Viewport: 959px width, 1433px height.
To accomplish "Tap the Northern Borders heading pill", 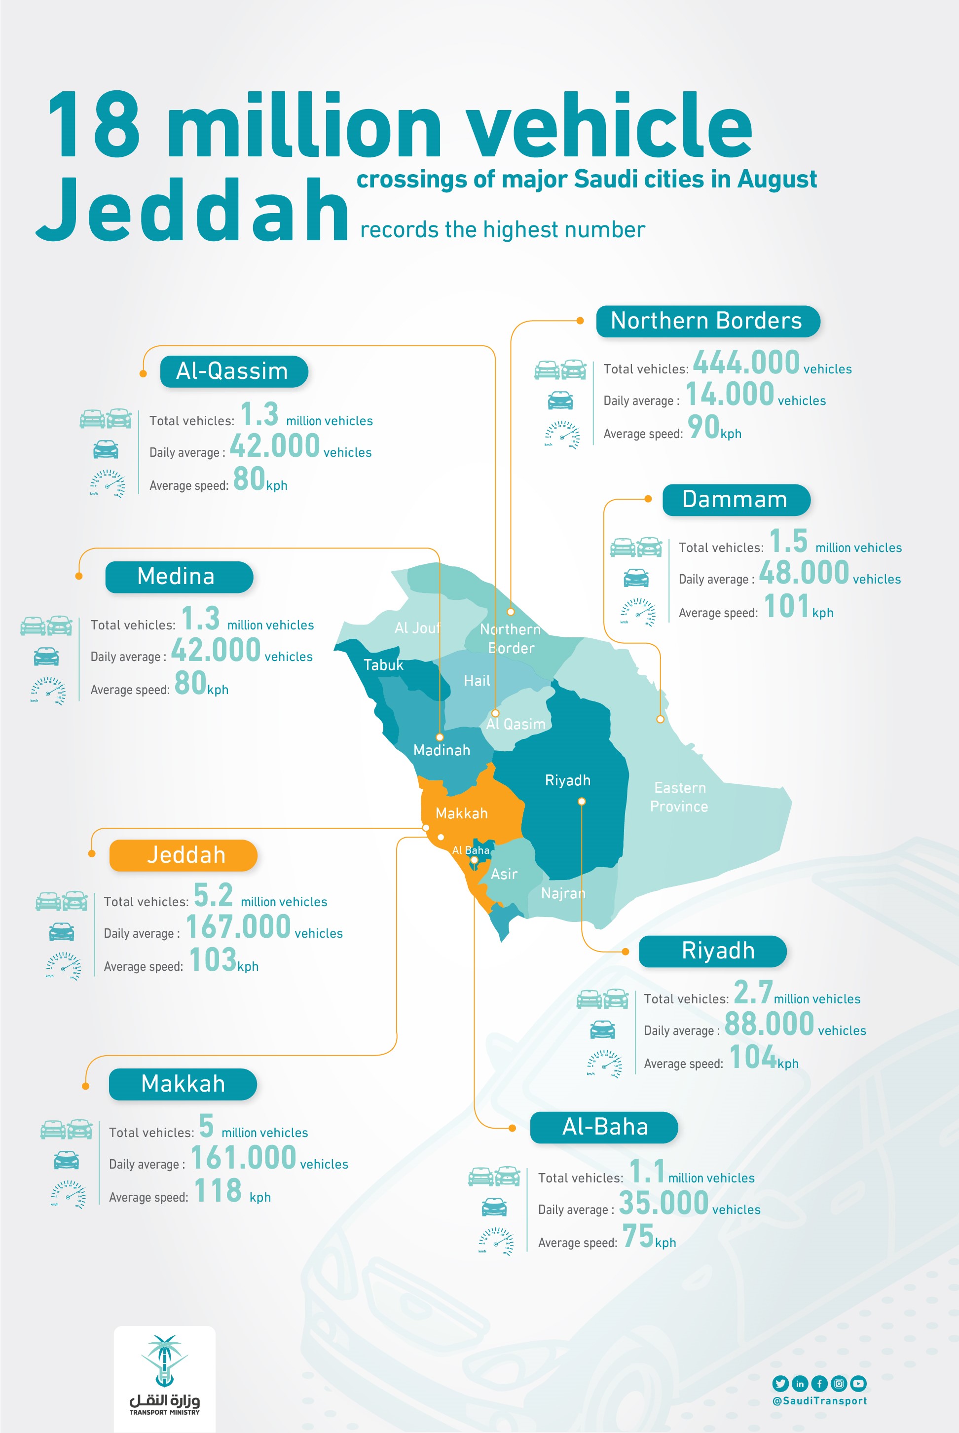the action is click(x=707, y=321).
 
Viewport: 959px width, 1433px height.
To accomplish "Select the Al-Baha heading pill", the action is click(x=604, y=1127).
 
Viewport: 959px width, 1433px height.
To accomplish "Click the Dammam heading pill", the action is click(x=736, y=500).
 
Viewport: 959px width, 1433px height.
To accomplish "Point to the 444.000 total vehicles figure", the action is click(x=746, y=362).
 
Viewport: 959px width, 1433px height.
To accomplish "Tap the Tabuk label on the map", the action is click(x=383, y=665).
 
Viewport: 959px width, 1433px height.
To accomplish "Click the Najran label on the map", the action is click(x=563, y=893).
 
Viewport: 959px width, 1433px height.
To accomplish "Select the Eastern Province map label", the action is click(x=679, y=797).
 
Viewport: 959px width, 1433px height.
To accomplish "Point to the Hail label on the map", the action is click(x=477, y=681).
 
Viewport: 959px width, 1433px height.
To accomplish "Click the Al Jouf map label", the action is click(x=417, y=628).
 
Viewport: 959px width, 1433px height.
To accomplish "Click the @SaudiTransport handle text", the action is click(x=819, y=1401).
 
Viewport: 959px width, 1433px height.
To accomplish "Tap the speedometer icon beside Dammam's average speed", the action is click(x=637, y=612).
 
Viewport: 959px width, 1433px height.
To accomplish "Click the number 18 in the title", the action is click(x=95, y=125).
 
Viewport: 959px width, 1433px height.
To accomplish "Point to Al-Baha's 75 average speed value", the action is click(x=638, y=1236).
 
